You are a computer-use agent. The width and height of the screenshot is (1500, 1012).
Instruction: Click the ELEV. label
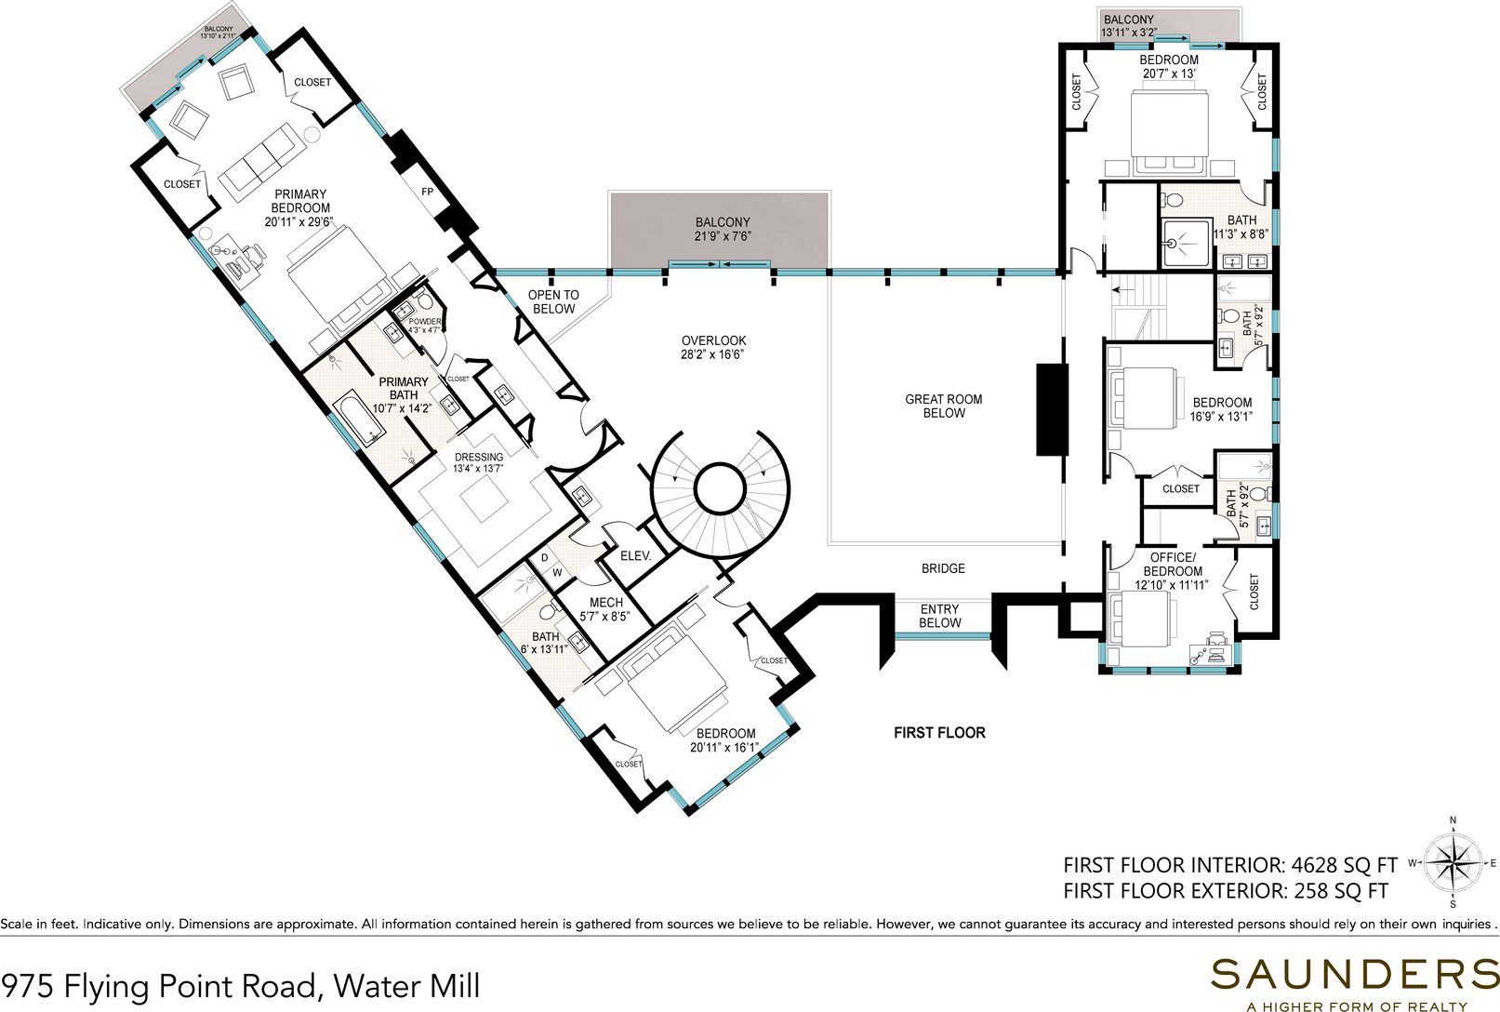tap(635, 555)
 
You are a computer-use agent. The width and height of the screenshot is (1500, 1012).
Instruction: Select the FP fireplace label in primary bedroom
tap(427, 192)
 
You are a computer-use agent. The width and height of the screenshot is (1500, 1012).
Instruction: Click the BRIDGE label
tap(943, 568)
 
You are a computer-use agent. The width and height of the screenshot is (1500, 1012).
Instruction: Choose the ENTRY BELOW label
tap(939, 616)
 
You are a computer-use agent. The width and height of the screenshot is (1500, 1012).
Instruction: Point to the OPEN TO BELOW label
tap(553, 301)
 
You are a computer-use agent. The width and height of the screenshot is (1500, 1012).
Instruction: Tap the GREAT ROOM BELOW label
tap(944, 406)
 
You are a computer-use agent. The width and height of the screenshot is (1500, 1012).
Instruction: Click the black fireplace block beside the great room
tap(1052, 409)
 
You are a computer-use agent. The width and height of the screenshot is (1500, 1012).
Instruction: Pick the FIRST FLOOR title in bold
tap(939, 733)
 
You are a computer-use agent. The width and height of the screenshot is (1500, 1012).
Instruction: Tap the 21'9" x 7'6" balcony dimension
tap(722, 236)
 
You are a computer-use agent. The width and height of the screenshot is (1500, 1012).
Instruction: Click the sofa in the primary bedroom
tap(259, 170)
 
